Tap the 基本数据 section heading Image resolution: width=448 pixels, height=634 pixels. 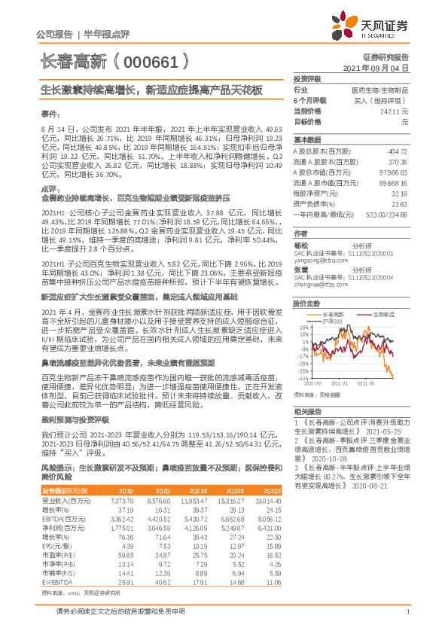pos(306,140)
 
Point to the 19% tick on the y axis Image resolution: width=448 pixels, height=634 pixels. pos(302,328)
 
